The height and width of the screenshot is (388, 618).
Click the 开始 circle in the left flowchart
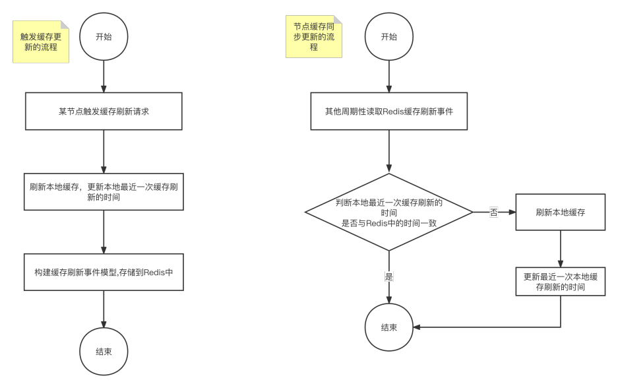[x=104, y=37]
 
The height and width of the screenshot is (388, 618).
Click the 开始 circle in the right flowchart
[x=389, y=37]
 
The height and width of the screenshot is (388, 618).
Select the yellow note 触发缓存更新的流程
[x=41, y=42]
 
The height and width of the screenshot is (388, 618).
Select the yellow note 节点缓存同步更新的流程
[x=314, y=37]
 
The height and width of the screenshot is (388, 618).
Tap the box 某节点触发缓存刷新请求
[x=104, y=111]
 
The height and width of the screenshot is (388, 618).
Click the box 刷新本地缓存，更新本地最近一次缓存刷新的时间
[x=104, y=191]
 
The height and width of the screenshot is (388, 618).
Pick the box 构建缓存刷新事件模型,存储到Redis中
[x=104, y=272]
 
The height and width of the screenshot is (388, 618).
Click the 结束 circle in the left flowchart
[x=104, y=352]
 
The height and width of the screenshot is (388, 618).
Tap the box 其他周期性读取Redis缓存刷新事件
[x=389, y=111]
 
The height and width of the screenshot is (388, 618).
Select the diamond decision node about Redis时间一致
[x=389, y=212]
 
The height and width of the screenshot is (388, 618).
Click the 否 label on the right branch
[x=494, y=212]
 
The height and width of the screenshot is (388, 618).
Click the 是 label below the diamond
[x=389, y=277]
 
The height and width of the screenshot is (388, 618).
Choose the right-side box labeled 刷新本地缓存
[x=561, y=212]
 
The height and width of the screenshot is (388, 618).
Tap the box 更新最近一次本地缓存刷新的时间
[x=561, y=282]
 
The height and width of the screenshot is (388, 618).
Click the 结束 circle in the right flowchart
[x=389, y=327]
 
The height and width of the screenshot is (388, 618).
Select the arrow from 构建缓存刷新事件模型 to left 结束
[x=104, y=309]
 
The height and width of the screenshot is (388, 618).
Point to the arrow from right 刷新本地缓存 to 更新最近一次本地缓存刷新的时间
[x=561, y=249]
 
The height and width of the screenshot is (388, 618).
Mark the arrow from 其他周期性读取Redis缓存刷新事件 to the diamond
[x=389, y=152]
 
